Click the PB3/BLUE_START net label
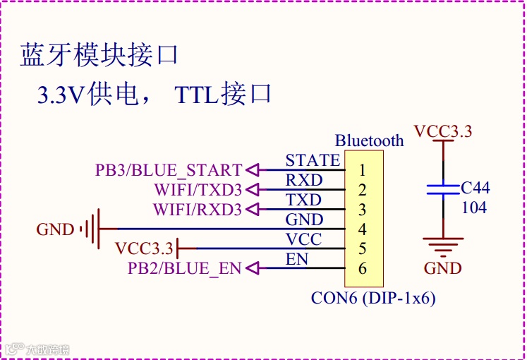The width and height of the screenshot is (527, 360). pyautogui.click(x=169, y=170)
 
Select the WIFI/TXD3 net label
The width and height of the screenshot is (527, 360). pyautogui.click(x=198, y=190)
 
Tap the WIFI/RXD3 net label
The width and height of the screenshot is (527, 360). pyautogui.click(x=198, y=210)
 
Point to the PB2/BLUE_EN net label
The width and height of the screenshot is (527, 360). pyautogui.click(x=184, y=268)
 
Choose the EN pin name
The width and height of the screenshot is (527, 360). pyautogui.click(x=297, y=259)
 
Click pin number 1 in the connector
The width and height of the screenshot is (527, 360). pyautogui.click(x=362, y=170)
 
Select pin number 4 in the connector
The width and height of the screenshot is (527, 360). pyautogui.click(x=362, y=229)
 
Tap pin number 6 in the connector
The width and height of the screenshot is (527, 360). pyautogui.click(x=362, y=268)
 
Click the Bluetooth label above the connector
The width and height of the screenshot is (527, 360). pyautogui.click(x=370, y=140)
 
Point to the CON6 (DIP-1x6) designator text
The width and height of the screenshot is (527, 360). pyautogui.click(x=373, y=298)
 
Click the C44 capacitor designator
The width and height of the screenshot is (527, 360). pyautogui.click(x=475, y=188)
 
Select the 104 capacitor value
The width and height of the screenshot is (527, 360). pyautogui.click(x=474, y=208)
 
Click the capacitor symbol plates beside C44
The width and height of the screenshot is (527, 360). pyautogui.click(x=442, y=188)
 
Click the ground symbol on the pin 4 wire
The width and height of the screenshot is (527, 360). pyautogui.click(x=92, y=229)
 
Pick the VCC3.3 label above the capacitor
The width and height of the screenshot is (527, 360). pyautogui.click(x=443, y=132)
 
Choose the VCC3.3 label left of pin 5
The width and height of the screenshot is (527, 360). pyautogui.click(x=144, y=248)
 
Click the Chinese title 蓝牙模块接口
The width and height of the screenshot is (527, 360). pyautogui.click(x=98, y=55)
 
